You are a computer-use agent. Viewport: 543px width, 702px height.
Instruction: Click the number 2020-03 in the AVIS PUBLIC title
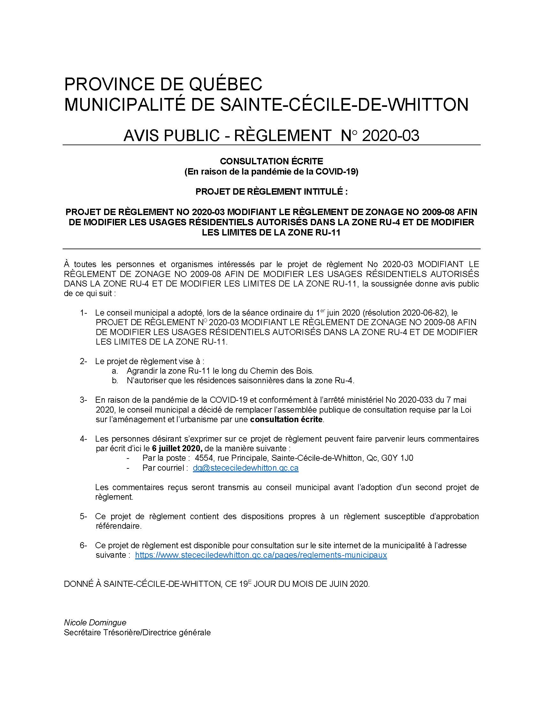[x=391, y=136]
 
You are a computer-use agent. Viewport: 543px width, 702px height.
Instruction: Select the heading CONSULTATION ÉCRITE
[x=271, y=161]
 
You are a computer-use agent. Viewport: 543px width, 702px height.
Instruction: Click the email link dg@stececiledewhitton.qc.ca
[x=245, y=468]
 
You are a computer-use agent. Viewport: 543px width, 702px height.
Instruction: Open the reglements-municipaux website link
[x=261, y=555]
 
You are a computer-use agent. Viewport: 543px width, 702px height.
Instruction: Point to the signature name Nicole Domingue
[x=95, y=623]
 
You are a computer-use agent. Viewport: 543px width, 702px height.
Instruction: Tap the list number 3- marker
[x=84, y=400]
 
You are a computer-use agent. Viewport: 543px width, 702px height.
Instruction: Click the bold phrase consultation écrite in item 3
[x=286, y=420]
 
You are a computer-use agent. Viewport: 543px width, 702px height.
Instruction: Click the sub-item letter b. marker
[x=115, y=381]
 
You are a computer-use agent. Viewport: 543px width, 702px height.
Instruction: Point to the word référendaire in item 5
[x=119, y=526]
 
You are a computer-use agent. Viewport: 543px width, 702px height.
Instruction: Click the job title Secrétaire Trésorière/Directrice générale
[x=137, y=632]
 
